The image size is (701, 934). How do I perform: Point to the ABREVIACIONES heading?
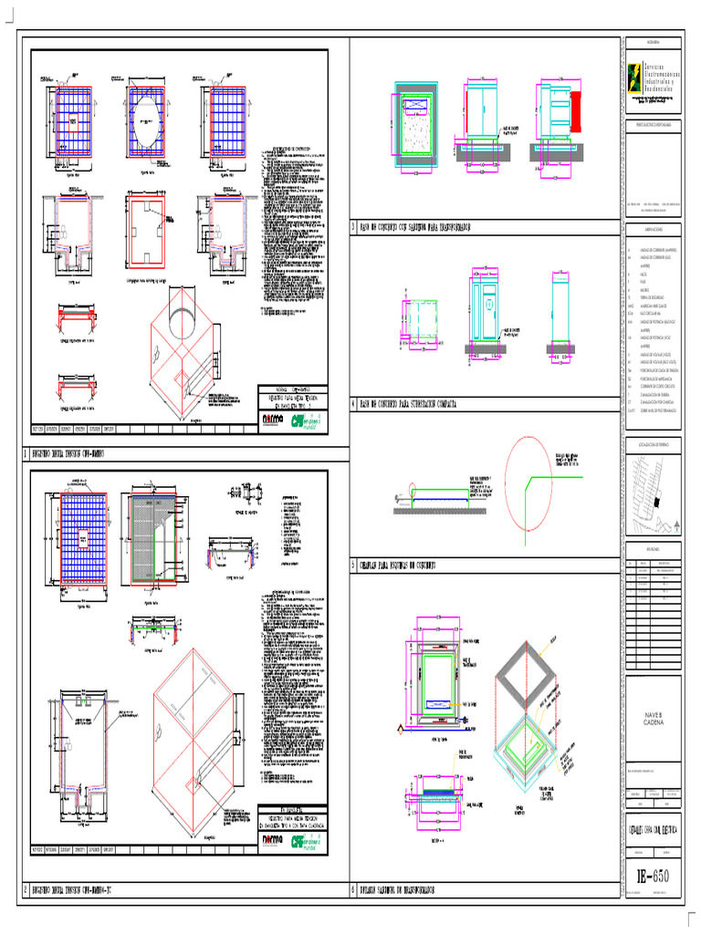[655, 230]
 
